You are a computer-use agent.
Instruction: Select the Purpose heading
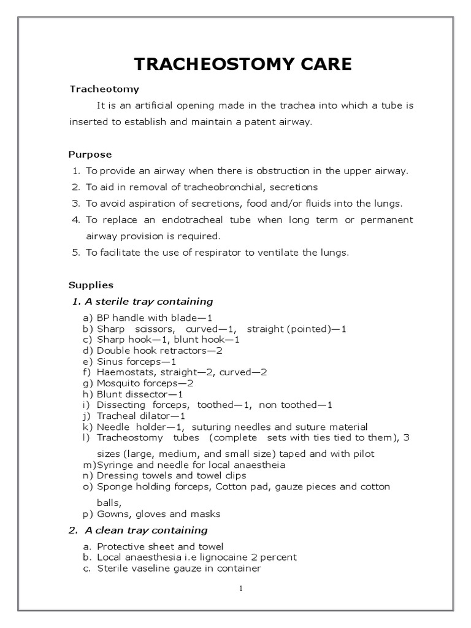point(90,155)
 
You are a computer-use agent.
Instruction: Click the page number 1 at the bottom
point(241,588)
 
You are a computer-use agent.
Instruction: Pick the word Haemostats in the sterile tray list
point(120,372)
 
